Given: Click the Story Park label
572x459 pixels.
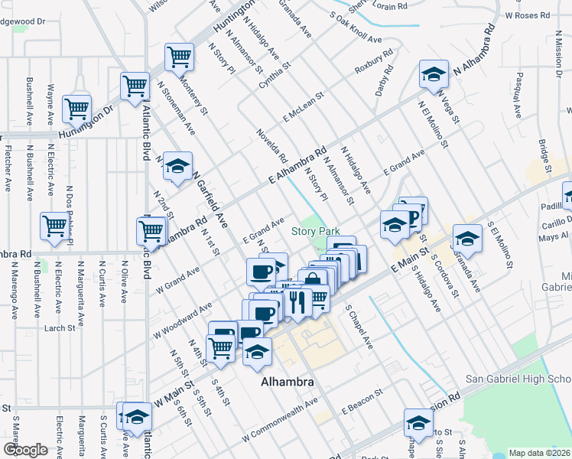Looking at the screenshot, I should pos(314,231).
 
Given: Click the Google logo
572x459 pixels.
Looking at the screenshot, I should pos(25,449).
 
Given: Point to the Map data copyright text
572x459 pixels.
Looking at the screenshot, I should pos(539,453).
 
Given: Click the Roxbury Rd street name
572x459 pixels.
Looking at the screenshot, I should pos(373,62).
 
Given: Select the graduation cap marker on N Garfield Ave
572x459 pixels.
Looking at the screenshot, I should pos(177,167).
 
